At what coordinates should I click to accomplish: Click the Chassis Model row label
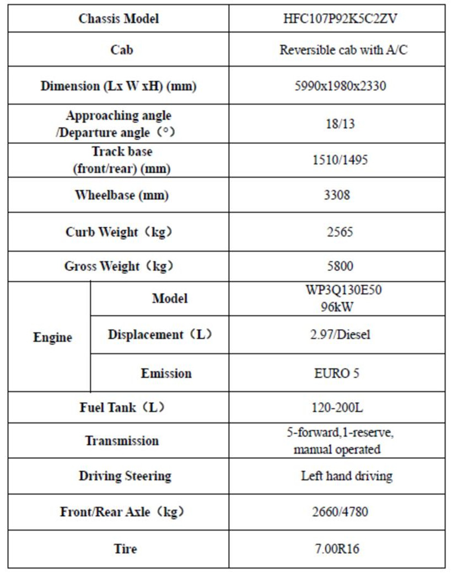pos(119,19)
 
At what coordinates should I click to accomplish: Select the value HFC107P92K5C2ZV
pos(337,19)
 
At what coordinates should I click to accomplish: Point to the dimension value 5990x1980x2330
pos(337,87)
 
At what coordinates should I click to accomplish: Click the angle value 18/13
pos(337,124)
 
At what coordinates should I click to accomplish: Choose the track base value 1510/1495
pos(337,160)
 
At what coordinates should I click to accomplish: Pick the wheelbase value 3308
pos(337,195)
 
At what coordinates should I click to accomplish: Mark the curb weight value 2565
pos(337,232)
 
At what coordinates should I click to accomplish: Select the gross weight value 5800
pos(337,266)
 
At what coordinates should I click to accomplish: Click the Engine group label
pos(52,338)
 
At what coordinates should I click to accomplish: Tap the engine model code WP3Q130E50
pos(337,291)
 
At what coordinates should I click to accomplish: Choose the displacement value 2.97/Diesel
pos(337,335)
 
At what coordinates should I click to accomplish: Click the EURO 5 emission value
pos(337,373)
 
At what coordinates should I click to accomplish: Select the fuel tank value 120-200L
pos(337,408)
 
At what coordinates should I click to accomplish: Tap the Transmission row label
pos(122,441)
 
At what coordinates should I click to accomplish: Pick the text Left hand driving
pos(346,476)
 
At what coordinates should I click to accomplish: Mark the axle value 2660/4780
pos(337,512)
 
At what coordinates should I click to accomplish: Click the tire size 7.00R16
pos(337,549)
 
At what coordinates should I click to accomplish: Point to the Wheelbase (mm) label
pos(122,195)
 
